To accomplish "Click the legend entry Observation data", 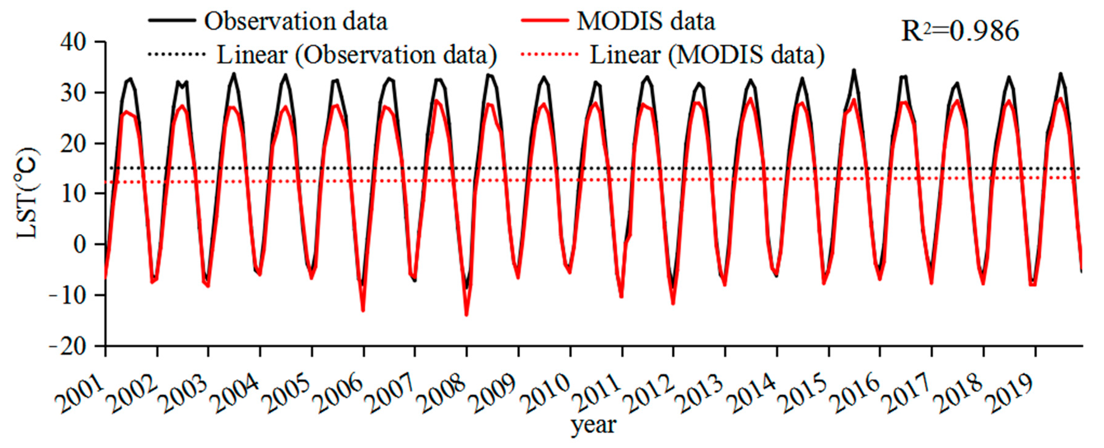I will click(296, 21).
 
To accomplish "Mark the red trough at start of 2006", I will click(363, 310).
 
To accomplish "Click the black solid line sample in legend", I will click(172, 20).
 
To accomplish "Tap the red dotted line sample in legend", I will click(549, 54).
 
